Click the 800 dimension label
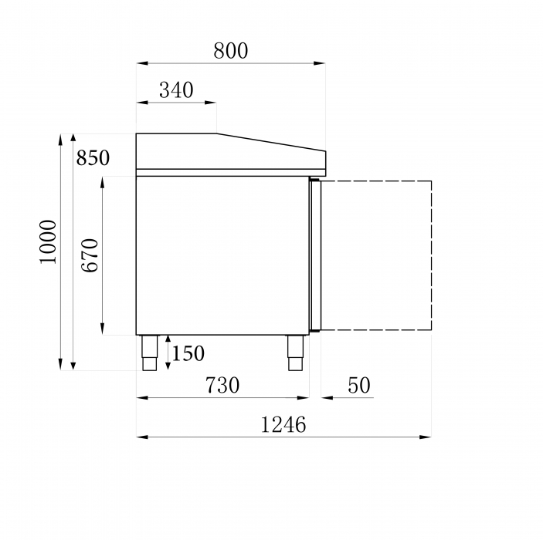231,51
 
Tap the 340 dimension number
176,90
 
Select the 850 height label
93,157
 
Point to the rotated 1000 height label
48,241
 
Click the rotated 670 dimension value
90,255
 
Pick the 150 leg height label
188,353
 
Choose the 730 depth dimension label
222,385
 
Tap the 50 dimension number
358,385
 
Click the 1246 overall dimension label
283,424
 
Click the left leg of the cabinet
150,353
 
